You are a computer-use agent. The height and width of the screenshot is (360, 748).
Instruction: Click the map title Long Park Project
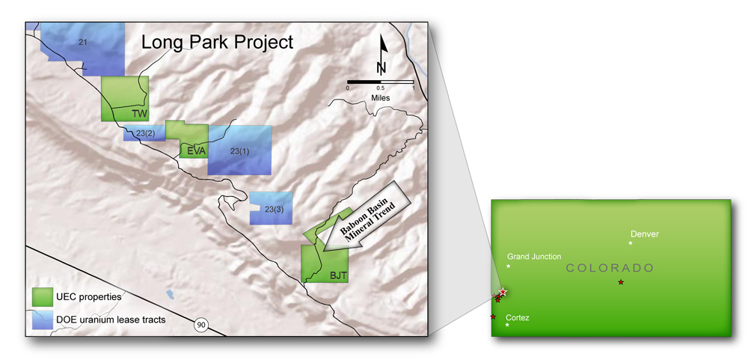(x=217, y=42)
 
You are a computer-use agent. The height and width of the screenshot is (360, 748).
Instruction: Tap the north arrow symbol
(x=381, y=54)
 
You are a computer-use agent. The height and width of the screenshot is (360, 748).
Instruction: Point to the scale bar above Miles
(x=380, y=82)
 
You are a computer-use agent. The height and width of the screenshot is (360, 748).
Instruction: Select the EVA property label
(x=196, y=151)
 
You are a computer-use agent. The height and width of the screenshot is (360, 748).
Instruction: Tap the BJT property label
(x=338, y=275)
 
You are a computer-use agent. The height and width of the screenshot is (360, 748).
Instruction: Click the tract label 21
(x=82, y=43)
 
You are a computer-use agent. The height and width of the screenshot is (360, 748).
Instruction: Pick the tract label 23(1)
(x=240, y=151)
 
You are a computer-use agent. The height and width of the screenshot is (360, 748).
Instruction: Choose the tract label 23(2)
(x=146, y=134)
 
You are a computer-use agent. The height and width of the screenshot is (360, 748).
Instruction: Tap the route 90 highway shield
(x=201, y=326)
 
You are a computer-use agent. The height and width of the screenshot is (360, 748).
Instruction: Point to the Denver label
(x=645, y=234)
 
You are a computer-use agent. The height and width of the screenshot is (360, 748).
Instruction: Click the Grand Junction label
(x=534, y=257)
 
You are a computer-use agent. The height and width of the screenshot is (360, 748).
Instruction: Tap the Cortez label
(x=518, y=317)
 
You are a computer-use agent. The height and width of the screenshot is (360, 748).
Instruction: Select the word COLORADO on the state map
(x=609, y=269)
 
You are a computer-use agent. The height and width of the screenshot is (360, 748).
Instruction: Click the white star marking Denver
(x=630, y=243)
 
